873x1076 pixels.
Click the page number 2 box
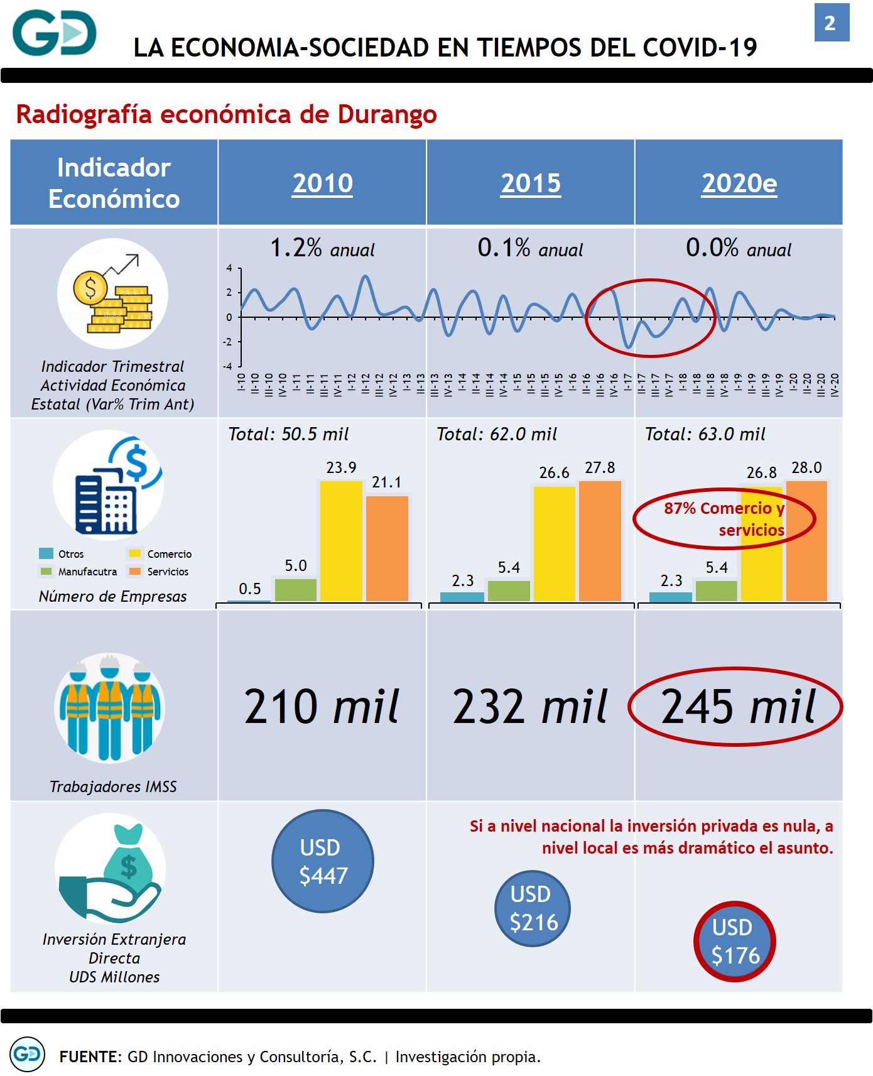point(831,23)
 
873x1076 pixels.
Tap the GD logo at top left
point(55,33)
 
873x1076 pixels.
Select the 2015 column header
point(531,183)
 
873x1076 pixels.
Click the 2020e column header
point(739,183)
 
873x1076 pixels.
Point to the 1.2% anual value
point(322,248)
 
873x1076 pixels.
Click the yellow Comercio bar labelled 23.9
point(341,541)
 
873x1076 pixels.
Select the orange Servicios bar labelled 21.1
point(387,548)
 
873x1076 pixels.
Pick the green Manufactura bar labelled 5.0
point(296,590)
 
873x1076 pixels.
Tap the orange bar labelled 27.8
point(600,541)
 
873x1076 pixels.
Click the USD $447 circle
point(323,861)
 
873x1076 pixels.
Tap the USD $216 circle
point(533,908)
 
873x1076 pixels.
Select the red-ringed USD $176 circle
point(735,941)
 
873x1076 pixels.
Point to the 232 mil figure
point(530,707)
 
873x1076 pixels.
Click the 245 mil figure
point(738,707)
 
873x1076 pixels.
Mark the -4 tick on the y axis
point(229,366)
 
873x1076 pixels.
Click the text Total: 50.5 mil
point(288,434)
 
